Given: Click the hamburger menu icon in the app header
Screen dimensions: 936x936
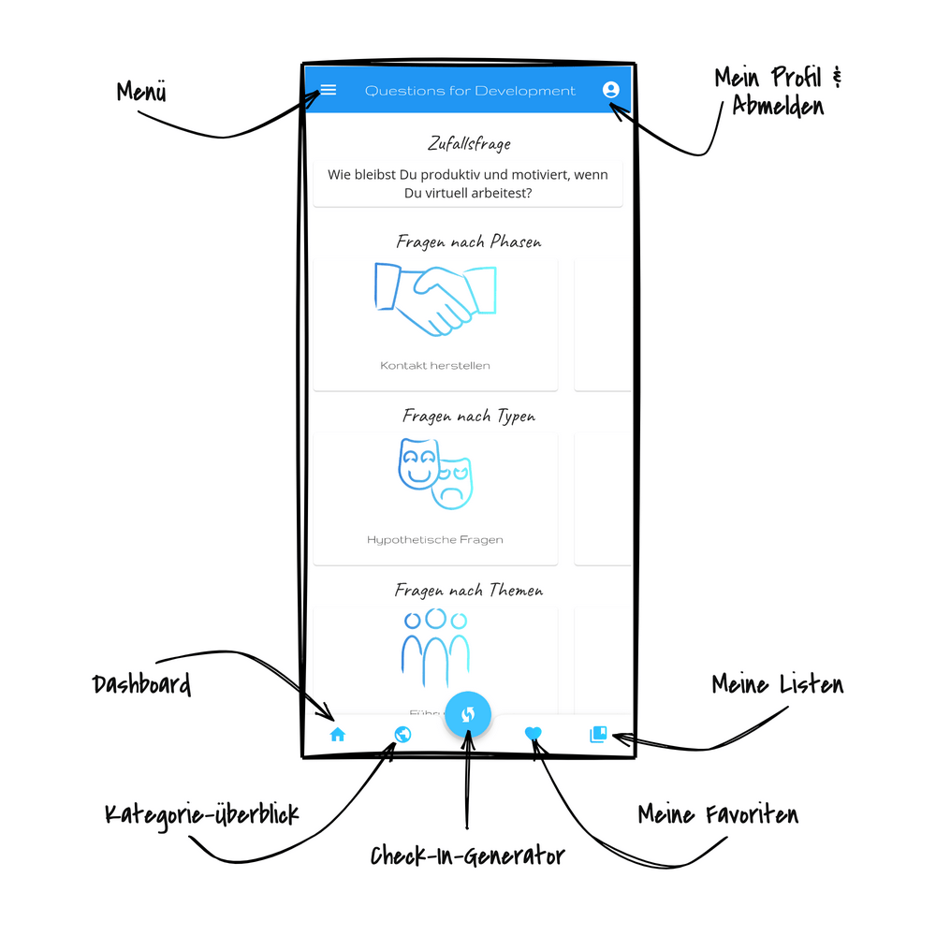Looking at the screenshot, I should coord(329,90).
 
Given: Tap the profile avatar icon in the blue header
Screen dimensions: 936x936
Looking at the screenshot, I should coord(611,90).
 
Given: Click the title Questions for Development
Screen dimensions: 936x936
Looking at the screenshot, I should coord(470,91).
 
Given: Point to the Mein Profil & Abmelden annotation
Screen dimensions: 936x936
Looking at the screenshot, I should coord(778,91).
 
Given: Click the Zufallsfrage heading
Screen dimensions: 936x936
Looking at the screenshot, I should coord(468,144).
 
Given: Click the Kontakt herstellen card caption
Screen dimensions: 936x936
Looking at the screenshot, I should coord(435,365).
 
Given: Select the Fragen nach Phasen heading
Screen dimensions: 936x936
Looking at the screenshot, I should coord(468,241).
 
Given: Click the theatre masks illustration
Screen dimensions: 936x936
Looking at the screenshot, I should coord(435,473).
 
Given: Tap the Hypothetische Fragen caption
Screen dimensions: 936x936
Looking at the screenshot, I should coord(435,540).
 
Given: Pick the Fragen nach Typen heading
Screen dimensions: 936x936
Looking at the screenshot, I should coord(468,416).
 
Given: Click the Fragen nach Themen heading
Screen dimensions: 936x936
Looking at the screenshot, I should coord(468,591).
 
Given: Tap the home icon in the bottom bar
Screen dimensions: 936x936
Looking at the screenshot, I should coord(338,735).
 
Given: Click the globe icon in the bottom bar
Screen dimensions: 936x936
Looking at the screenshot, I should coord(402,735).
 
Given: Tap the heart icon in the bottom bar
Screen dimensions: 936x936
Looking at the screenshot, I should coord(534,735).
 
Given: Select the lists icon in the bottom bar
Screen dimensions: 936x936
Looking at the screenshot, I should coord(598,735).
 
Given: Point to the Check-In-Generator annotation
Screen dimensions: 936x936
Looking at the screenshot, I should coord(467,856).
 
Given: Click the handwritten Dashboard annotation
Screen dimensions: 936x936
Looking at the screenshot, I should coord(142,684).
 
